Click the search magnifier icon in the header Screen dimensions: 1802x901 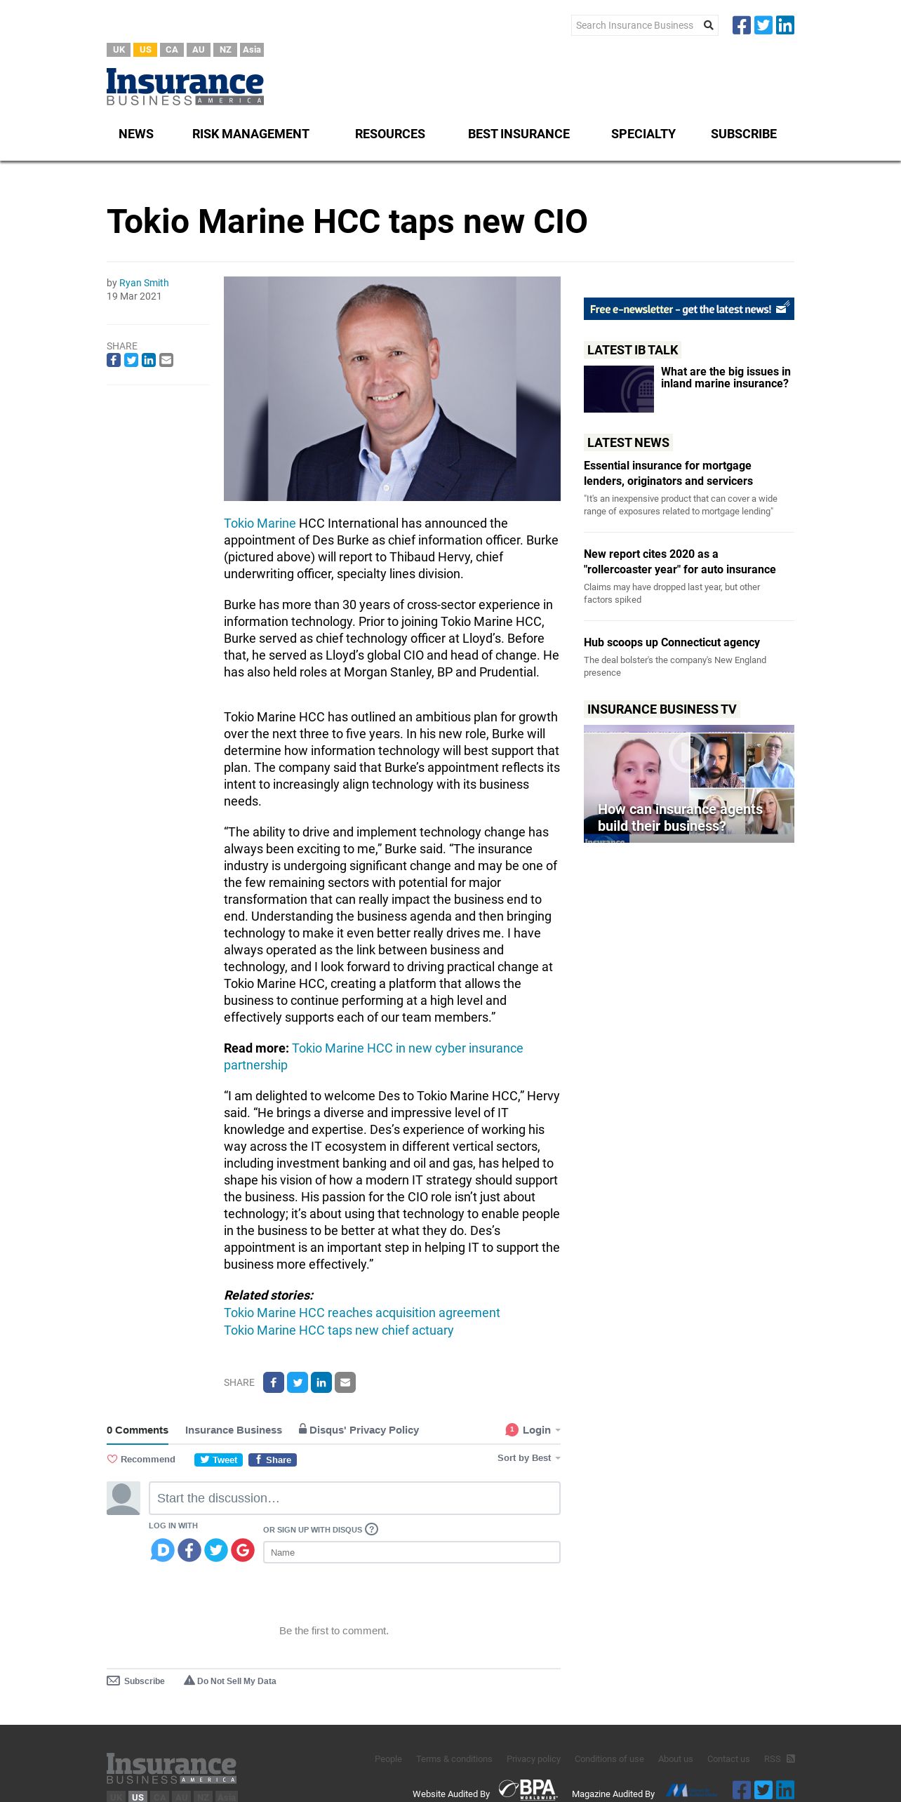tap(709, 25)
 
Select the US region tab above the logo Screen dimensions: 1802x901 tap(145, 50)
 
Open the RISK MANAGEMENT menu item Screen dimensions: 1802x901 tap(251, 134)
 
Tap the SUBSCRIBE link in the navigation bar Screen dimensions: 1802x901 tap(743, 134)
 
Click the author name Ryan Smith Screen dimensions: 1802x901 tap(144, 283)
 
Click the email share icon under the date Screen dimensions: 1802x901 tap(166, 360)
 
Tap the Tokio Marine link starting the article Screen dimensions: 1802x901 tap(260, 523)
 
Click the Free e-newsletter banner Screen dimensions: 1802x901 tap(688, 309)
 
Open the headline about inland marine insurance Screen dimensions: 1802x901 tap(725, 378)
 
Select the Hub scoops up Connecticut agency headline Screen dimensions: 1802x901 tap(672, 642)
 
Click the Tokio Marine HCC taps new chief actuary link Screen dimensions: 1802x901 tap(338, 1330)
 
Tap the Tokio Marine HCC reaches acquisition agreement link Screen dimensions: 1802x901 tap(361, 1313)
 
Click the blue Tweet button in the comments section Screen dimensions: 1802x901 tap(218, 1460)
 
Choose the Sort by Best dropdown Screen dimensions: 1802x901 tap(528, 1458)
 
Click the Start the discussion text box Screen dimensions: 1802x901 tap(354, 1498)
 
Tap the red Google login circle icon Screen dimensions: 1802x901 tap(243, 1549)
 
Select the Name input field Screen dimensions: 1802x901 tap(411, 1552)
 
